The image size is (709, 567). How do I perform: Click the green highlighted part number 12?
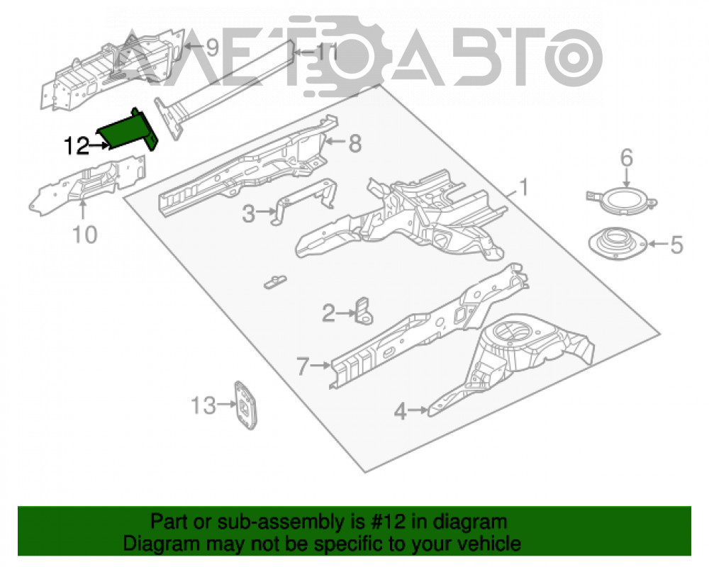pyautogui.click(x=128, y=130)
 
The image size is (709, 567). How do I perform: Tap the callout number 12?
pyautogui.click(x=77, y=145)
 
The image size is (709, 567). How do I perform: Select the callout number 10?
pyautogui.click(x=84, y=235)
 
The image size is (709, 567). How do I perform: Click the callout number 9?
pyautogui.click(x=211, y=47)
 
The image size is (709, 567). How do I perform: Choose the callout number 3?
pyautogui.click(x=248, y=213)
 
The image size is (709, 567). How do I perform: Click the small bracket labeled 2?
pyautogui.click(x=364, y=311)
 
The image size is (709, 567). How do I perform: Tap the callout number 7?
pyautogui.click(x=303, y=366)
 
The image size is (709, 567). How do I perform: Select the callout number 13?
pyautogui.click(x=203, y=405)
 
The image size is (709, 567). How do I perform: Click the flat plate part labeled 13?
pyautogui.click(x=245, y=405)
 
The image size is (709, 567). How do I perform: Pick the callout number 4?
pyautogui.click(x=400, y=412)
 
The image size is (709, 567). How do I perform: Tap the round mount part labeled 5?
pyautogui.click(x=618, y=244)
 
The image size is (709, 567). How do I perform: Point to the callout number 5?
pyautogui.click(x=676, y=245)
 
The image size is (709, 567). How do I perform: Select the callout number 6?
pyautogui.click(x=627, y=158)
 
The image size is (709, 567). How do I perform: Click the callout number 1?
pyautogui.click(x=524, y=187)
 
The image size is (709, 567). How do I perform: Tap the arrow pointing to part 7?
pyautogui.click(x=321, y=365)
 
